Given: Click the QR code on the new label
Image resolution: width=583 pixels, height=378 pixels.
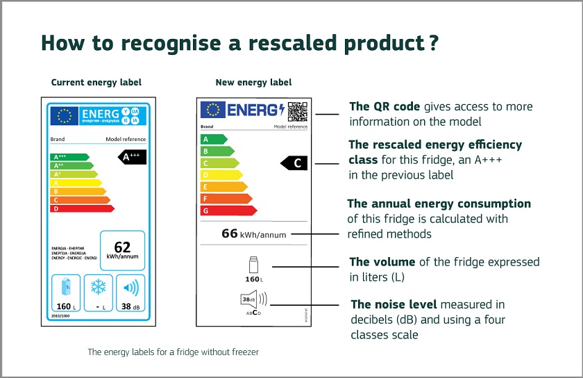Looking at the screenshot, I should click(x=297, y=110).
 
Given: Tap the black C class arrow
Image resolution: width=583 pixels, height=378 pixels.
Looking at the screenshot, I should click(x=294, y=163).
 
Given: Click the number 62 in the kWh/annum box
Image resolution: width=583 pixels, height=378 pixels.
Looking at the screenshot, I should click(x=122, y=247).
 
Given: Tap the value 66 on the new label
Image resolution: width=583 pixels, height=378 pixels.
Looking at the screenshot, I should click(x=230, y=233).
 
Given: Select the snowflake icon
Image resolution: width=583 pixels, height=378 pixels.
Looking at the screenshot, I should click(x=98, y=288).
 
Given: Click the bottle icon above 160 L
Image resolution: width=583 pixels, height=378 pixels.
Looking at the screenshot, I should click(x=252, y=265).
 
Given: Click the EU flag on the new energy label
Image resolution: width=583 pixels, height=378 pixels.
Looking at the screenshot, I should click(x=212, y=110).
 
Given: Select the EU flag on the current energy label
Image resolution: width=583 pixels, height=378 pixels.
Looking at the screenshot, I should click(x=65, y=116).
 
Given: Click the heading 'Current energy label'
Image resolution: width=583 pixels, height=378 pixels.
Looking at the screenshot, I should click(x=96, y=82).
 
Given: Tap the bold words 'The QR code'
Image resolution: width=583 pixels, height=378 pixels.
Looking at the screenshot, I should click(x=385, y=106).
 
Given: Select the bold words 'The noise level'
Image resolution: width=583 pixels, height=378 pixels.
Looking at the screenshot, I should click(x=393, y=304).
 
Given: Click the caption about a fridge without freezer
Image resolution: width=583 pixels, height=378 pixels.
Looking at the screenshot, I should click(x=173, y=352).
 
